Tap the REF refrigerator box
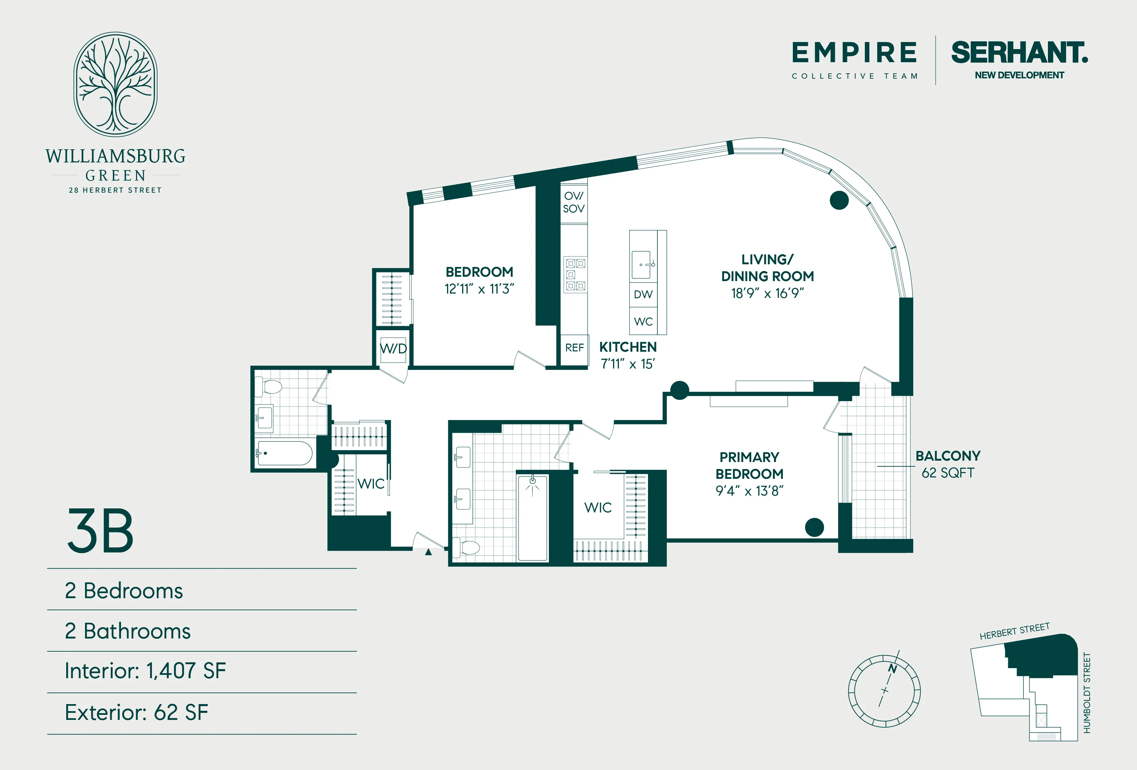tap(574, 348)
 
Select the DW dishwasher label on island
tap(643, 295)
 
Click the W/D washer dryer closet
tap(393, 349)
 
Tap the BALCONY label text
tap(948, 456)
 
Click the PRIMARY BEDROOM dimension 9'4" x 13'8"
tap(749, 491)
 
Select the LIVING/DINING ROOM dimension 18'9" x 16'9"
tap(767, 293)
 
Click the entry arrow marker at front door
tap(428, 552)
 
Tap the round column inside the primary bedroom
tap(814, 527)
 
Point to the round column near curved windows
tap(839, 200)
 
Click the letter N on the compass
tap(892, 669)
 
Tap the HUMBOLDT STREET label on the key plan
tap(1087, 693)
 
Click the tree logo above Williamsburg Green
tap(116, 84)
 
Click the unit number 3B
tap(100, 531)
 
